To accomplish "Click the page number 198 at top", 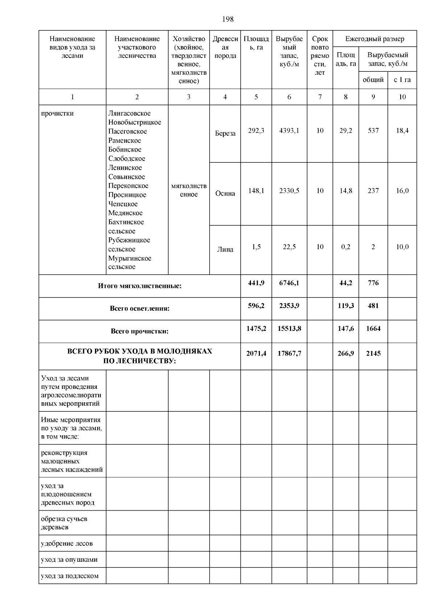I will tap(228, 19).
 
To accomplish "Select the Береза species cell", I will tap(225, 133).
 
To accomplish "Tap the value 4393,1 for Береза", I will tap(289, 130).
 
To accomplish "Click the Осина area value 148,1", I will tap(256, 191).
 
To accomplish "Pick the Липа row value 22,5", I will tap(289, 247).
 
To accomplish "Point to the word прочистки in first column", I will tap(57, 113).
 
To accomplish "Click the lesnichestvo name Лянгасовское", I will tap(129, 113).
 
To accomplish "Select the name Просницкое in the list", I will tap(127, 195).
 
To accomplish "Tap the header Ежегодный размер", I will tap(374, 39).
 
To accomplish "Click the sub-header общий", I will tap(373, 80).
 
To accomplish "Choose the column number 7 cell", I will tap(320, 97).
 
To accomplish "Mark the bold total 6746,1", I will tap(289, 283).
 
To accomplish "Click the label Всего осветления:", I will tap(140, 309).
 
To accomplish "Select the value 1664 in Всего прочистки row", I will tap(373, 329).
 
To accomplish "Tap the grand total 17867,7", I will tap(289, 353).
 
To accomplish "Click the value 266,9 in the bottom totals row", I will tap(345, 353).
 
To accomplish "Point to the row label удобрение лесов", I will tap(67, 544).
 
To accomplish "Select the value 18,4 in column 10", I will tap(402, 130).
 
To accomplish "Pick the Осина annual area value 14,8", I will tap(345, 191).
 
